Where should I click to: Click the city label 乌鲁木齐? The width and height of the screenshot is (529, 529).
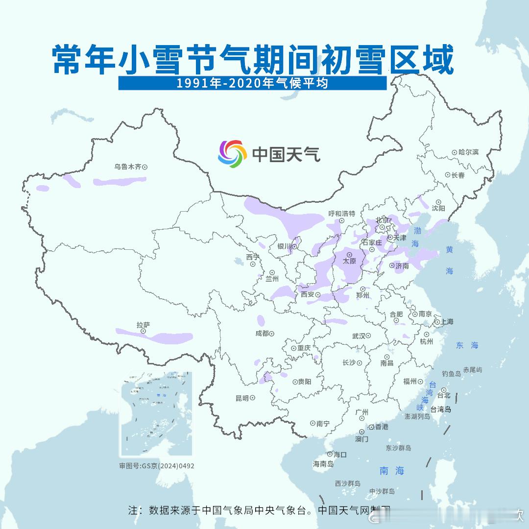click(x=127, y=167)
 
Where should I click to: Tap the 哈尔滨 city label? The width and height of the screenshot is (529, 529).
click(x=468, y=152)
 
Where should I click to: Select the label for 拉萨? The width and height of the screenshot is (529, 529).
click(x=143, y=325)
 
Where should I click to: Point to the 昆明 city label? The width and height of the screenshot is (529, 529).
click(x=242, y=398)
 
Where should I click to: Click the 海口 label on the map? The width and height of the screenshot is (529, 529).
click(x=340, y=455)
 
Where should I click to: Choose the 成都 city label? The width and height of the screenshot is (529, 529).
click(x=262, y=334)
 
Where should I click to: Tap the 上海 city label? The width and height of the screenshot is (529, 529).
click(x=447, y=322)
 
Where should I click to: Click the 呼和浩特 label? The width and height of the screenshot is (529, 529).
click(x=342, y=214)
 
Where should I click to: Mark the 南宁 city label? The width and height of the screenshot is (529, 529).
click(x=323, y=423)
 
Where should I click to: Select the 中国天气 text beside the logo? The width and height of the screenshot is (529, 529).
click(x=286, y=154)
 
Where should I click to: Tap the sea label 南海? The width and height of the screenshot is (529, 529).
click(x=392, y=471)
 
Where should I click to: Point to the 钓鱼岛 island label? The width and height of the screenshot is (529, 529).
click(x=451, y=374)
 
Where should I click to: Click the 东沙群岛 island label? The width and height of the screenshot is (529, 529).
click(x=398, y=448)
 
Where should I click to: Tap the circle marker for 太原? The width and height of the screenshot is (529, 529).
click(x=349, y=255)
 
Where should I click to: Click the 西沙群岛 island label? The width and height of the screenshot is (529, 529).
click(x=348, y=483)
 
